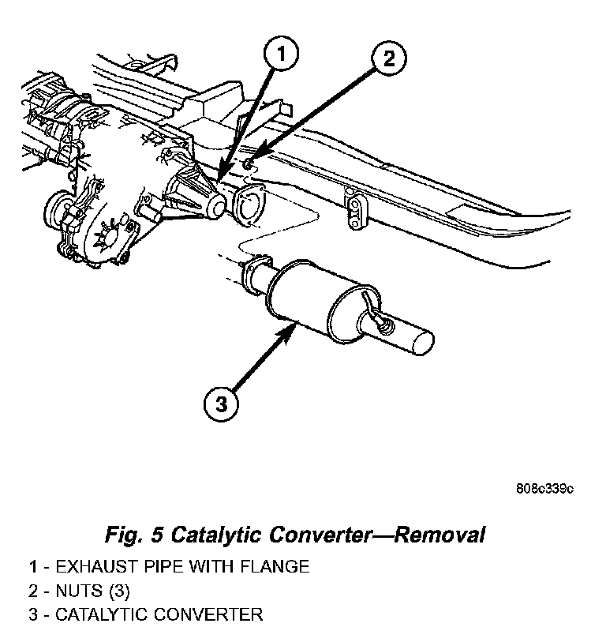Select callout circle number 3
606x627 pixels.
(222, 404)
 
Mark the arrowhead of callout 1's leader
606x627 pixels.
(221, 178)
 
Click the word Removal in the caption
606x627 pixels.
(440, 535)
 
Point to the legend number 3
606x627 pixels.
(34, 614)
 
